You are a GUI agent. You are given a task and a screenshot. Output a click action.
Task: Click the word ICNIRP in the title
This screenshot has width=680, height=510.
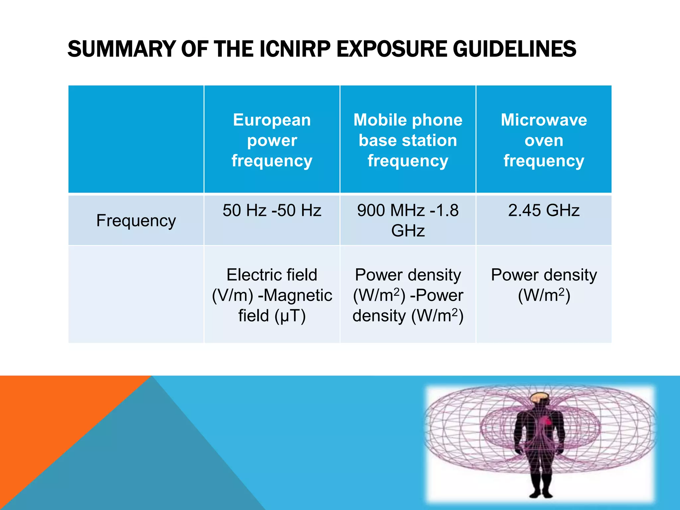(x=295, y=49)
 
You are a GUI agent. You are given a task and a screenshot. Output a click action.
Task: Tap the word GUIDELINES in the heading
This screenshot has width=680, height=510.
(x=514, y=49)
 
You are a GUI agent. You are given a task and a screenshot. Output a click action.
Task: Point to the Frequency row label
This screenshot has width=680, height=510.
(x=136, y=220)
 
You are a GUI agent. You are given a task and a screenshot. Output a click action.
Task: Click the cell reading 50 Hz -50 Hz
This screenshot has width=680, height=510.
(x=272, y=211)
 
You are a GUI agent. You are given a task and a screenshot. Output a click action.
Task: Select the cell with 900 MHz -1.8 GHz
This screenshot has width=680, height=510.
(x=408, y=220)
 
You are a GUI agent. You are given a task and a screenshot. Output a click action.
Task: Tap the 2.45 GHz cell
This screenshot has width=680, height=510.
(x=544, y=211)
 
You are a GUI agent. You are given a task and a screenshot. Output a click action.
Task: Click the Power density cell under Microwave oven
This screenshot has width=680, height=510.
(x=544, y=285)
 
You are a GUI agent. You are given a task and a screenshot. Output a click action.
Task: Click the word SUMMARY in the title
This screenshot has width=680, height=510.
(x=121, y=49)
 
